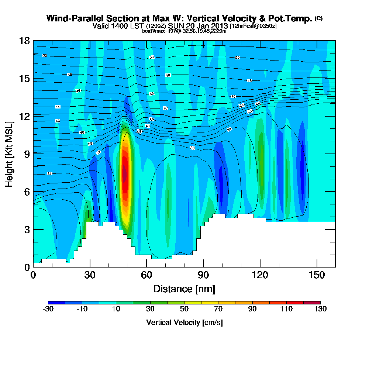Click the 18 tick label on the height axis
pyautogui.click(x=25, y=41)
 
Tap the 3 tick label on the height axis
pyautogui.click(x=27, y=230)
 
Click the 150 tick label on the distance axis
pyautogui.click(x=317, y=275)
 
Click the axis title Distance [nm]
pyautogui.click(x=184, y=289)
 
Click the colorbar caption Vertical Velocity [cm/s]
pyautogui.click(x=184, y=323)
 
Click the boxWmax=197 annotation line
pyautogui.click(x=184, y=31)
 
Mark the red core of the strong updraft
pyautogui.click(x=125, y=173)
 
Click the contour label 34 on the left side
pyautogui.click(x=49, y=173)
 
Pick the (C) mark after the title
pyautogui.click(x=318, y=18)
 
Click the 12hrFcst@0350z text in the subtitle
pyautogui.click(x=253, y=27)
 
